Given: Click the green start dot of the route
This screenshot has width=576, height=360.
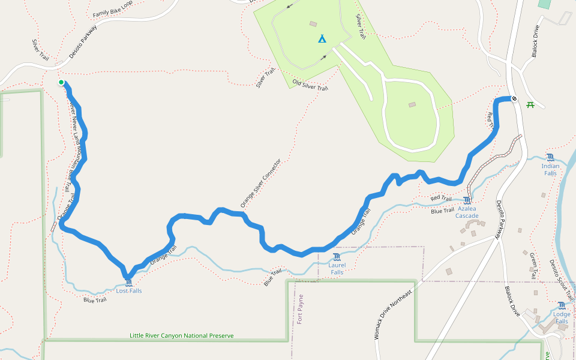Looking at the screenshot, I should pyautogui.click(x=61, y=82).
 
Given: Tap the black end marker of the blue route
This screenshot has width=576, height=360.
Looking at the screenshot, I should pyautogui.click(x=514, y=98).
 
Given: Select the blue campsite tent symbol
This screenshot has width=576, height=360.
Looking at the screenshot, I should pyautogui.click(x=322, y=39).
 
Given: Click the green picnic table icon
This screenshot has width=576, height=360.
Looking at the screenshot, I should pyautogui.click(x=530, y=105).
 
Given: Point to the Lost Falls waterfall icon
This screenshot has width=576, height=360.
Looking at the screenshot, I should pyautogui.click(x=129, y=281).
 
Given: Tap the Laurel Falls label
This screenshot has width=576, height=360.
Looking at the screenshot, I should pyautogui.click(x=337, y=268).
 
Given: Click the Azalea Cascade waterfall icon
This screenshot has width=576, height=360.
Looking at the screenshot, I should pyautogui.click(x=467, y=200).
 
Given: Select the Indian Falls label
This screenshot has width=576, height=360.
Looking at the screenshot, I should pyautogui.click(x=550, y=169).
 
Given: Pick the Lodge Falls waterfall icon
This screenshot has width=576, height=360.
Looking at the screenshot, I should pyautogui.click(x=562, y=305).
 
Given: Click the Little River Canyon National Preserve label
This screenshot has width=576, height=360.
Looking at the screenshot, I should pyautogui.click(x=181, y=336).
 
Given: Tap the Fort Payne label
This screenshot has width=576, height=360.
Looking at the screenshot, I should pyautogui.click(x=301, y=308).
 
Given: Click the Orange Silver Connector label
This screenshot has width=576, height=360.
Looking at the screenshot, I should pyautogui.click(x=261, y=184).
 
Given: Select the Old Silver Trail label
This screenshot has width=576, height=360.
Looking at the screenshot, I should pyautogui.click(x=310, y=85).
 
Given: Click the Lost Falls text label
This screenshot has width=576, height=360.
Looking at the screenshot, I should pyautogui.click(x=129, y=291).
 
